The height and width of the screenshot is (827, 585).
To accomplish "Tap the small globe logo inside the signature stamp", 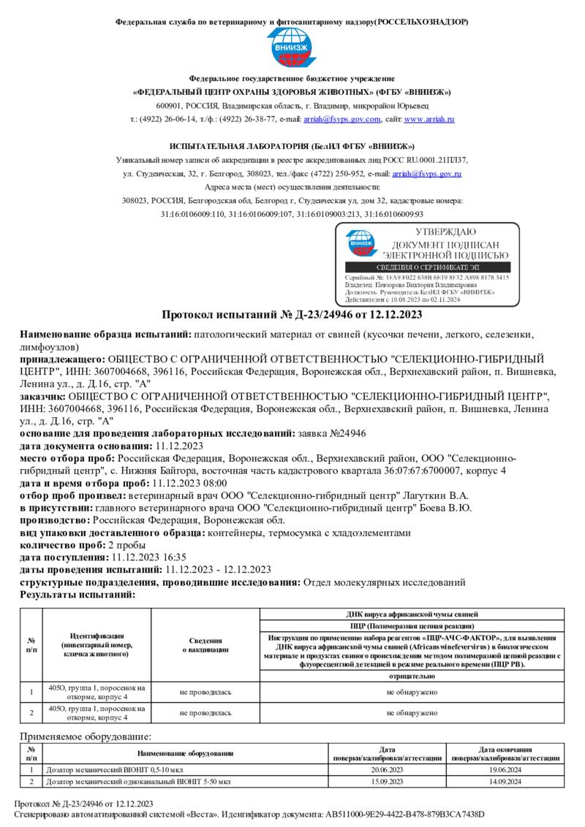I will [x=359, y=244].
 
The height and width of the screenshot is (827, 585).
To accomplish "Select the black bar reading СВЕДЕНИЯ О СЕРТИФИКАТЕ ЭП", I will [x=428, y=268].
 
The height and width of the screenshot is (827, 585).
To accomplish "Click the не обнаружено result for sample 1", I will [x=412, y=691].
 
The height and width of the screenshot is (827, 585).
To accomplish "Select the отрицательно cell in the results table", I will [x=412, y=676].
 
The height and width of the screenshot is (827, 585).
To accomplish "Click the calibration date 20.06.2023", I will [x=388, y=770].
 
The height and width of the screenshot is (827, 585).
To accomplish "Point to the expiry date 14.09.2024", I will [x=505, y=782].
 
